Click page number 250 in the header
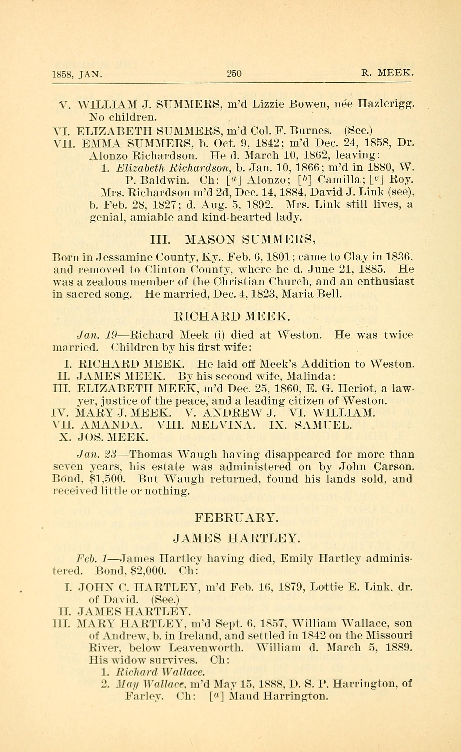coord(234,74)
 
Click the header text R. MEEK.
coord(387,74)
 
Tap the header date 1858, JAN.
coord(77,74)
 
